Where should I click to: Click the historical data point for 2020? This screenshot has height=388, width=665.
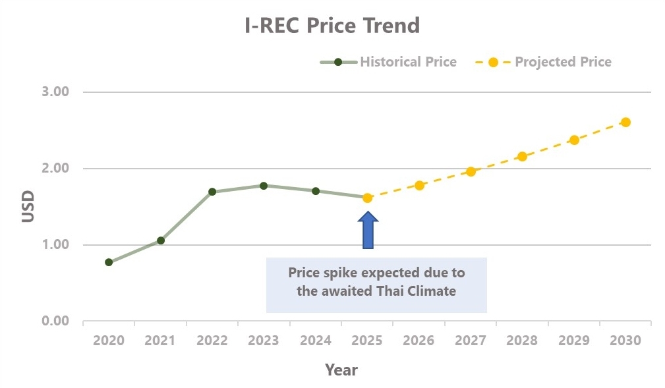(x=109, y=262)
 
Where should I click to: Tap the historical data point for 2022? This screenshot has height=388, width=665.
(x=212, y=192)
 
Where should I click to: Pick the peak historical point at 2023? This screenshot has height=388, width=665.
(x=264, y=186)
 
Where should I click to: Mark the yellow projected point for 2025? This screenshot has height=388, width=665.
(x=367, y=198)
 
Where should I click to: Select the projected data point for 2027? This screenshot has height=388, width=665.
(x=471, y=171)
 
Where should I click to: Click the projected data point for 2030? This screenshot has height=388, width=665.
(x=625, y=122)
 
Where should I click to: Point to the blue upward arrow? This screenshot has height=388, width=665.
(x=368, y=230)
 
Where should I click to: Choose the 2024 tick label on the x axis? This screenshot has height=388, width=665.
(x=316, y=341)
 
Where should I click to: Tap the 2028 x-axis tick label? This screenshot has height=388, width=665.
(x=522, y=341)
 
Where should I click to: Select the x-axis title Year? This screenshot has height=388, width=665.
(x=341, y=370)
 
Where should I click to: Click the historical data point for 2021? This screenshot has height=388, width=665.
(x=160, y=240)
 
